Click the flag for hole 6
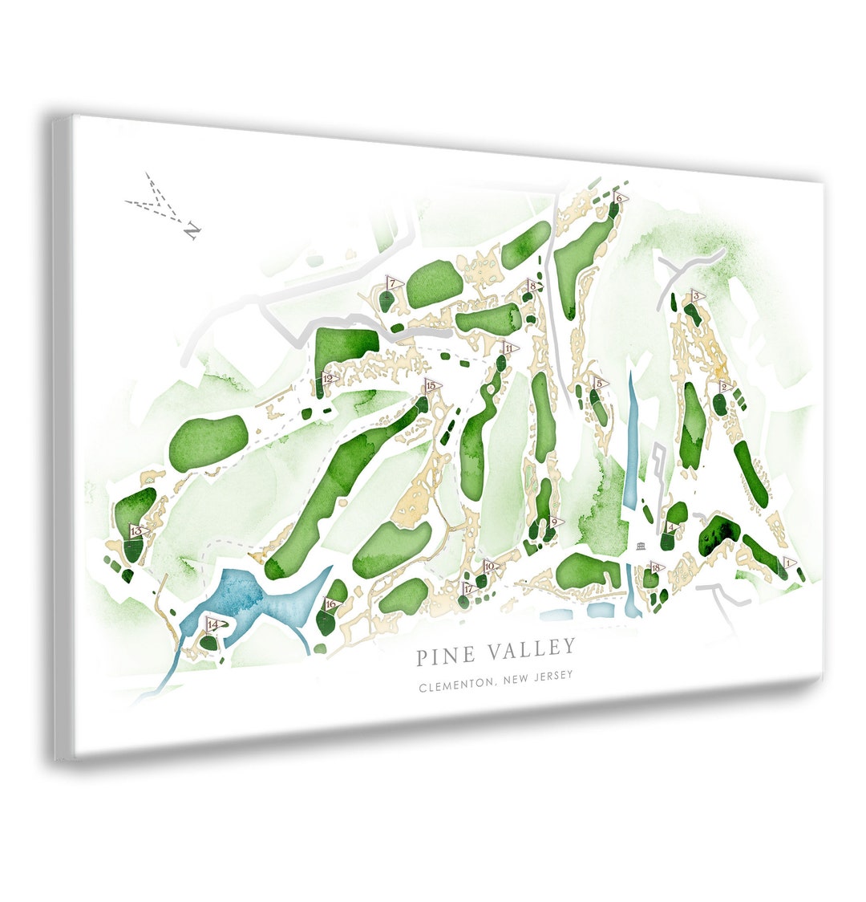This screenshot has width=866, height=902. click(620, 197)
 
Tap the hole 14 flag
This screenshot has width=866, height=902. click(212, 624)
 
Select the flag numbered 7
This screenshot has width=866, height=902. click(393, 283)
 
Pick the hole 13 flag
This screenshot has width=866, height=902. click(137, 531)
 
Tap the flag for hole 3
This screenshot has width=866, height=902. click(696, 297)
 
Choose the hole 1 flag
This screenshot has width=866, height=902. click(790, 563)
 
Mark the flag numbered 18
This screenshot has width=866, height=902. click(657, 568)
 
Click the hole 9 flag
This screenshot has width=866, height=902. click(554, 522)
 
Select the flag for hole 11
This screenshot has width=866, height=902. click(508, 347)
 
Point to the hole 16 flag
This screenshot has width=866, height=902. click(330, 604)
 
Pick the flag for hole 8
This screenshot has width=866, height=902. click(532, 286)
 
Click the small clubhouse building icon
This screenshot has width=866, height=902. click(639, 547)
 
